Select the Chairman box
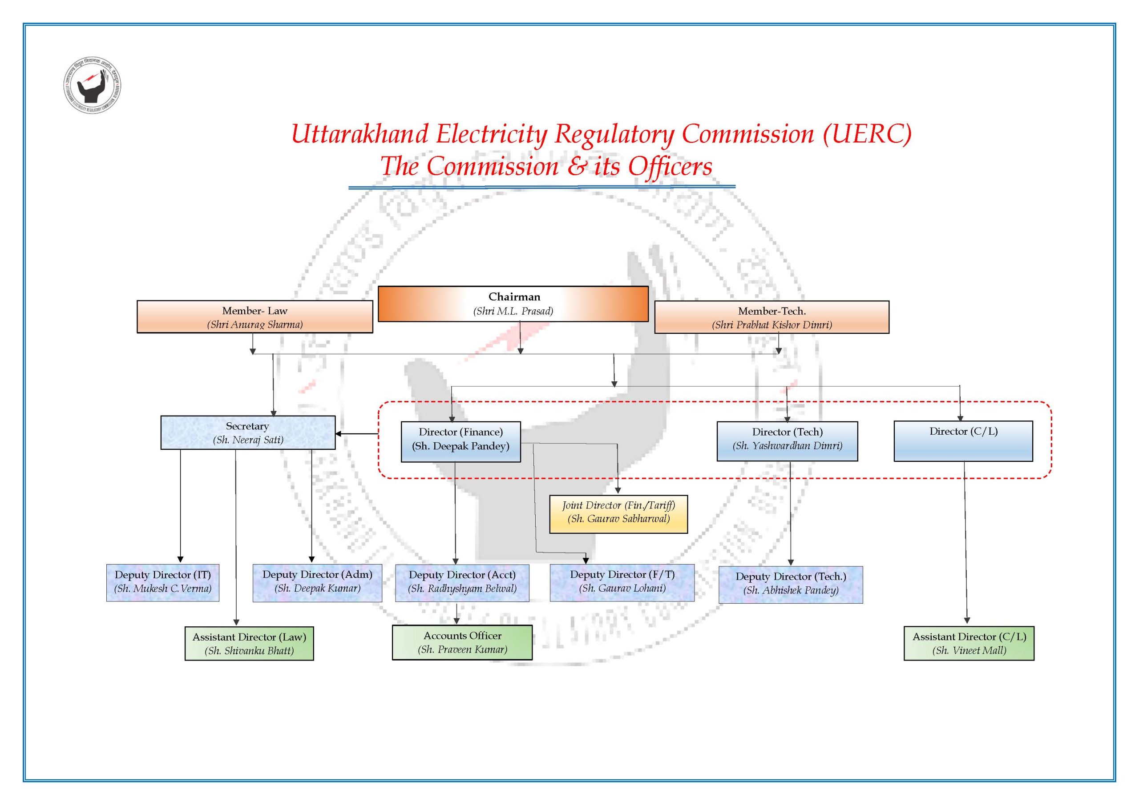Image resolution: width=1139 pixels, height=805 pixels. (513, 304)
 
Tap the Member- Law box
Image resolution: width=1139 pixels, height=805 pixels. (254, 317)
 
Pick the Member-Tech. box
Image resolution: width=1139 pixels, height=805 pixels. (771, 317)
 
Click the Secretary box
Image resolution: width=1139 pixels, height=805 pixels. (247, 433)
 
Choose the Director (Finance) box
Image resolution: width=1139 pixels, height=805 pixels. (460, 442)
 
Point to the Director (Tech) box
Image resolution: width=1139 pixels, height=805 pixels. (787, 441)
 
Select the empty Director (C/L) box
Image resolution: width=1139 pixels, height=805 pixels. (963, 441)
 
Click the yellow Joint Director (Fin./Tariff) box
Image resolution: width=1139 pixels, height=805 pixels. (618, 514)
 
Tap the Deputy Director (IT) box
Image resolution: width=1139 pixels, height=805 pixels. (163, 583)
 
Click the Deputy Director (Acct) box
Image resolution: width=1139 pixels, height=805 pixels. (462, 583)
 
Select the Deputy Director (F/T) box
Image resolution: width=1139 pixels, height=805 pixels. (622, 582)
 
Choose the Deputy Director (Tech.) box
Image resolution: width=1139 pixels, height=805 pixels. (790, 585)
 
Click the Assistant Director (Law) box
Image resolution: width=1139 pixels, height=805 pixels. (249, 643)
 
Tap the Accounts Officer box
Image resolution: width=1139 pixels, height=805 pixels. (462, 642)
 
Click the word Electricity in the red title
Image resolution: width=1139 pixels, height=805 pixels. (491, 134)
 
